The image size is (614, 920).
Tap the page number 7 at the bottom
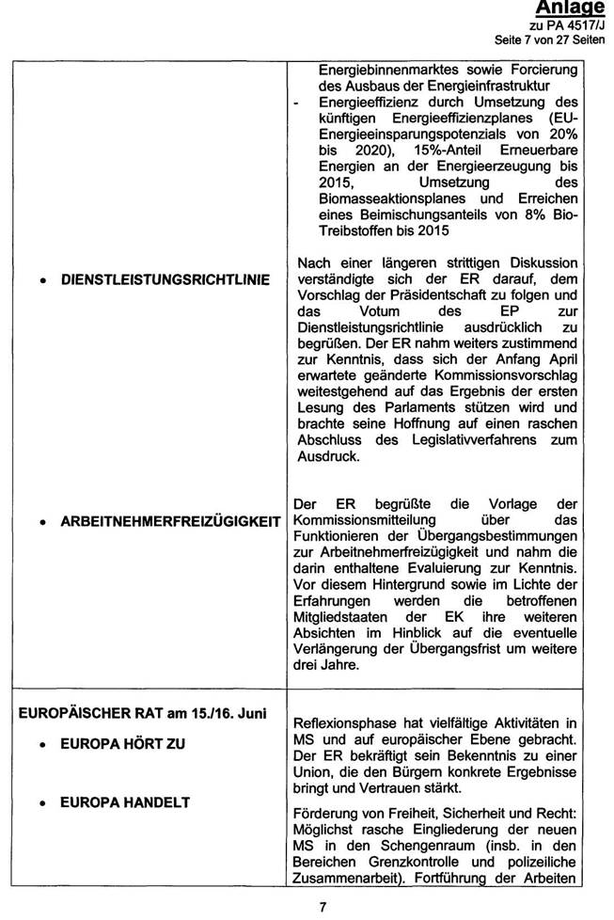[x=323, y=906]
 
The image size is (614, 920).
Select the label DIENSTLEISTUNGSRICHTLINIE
[x=165, y=280]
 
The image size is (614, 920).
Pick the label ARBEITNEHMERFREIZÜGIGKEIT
[x=170, y=521]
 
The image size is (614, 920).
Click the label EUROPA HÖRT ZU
[x=123, y=744]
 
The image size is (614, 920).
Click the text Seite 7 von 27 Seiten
[x=551, y=40]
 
